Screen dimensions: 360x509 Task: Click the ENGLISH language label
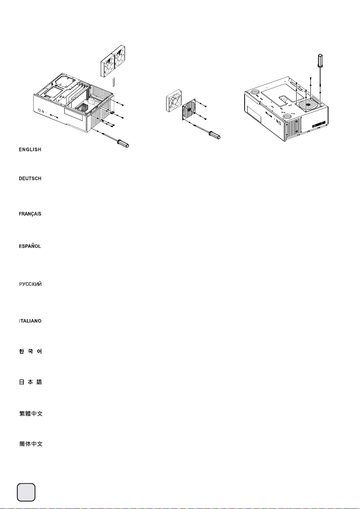pos(30,150)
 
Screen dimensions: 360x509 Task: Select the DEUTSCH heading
pos(30,179)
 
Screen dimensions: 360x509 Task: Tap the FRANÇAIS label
pos(30,214)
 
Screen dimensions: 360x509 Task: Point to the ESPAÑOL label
pos(30,246)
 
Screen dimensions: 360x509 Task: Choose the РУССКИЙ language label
pos(30,284)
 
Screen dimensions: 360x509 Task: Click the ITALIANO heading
pos(30,321)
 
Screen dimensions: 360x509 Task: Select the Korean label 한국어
pos(30,351)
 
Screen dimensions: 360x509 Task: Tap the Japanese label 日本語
pos(30,382)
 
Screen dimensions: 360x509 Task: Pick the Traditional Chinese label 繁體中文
pos(31,414)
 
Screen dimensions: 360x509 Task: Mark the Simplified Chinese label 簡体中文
pos(31,444)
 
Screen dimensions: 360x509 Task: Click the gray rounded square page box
pos(26,492)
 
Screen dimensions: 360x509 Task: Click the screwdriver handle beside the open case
pos(123,144)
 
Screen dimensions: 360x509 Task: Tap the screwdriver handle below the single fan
pos(215,135)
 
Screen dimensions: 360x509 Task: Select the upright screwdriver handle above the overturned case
pos(320,60)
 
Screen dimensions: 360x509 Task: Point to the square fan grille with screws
pos(189,110)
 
